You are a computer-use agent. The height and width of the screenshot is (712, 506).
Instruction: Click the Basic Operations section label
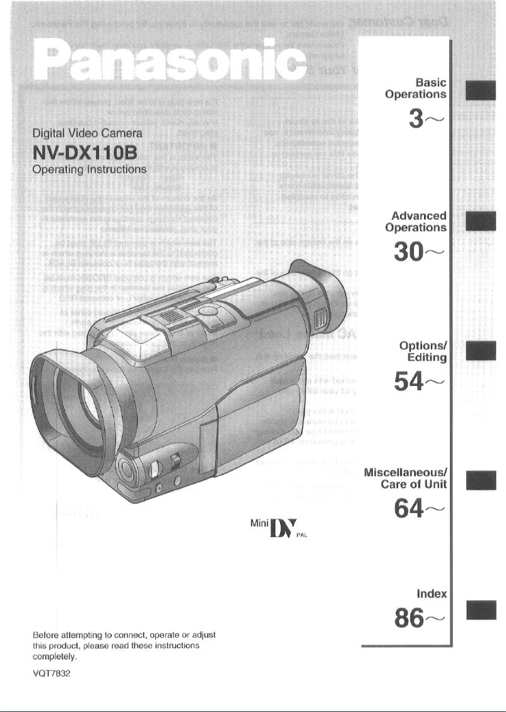(417, 88)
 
